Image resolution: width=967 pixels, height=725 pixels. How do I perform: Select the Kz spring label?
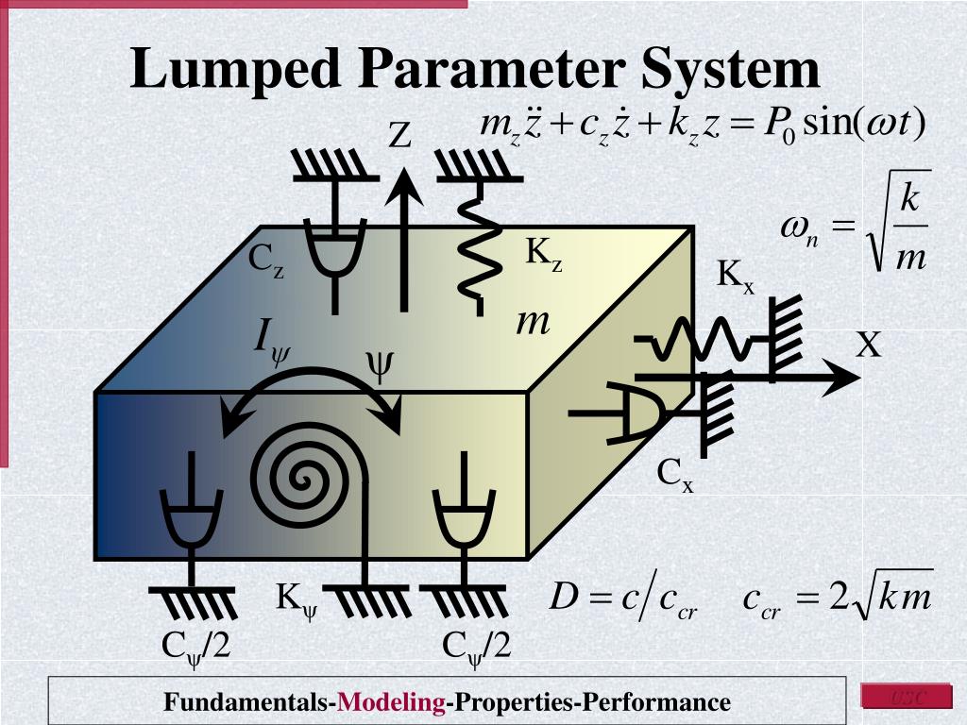point(544,253)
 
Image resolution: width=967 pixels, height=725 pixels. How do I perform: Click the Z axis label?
point(400,137)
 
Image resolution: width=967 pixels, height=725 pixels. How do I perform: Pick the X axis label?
point(869,346)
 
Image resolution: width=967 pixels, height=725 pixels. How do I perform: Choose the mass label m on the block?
point(533,322)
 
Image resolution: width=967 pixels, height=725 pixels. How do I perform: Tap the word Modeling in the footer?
point(392,702)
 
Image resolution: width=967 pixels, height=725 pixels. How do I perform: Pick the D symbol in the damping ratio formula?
point(563,598)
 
